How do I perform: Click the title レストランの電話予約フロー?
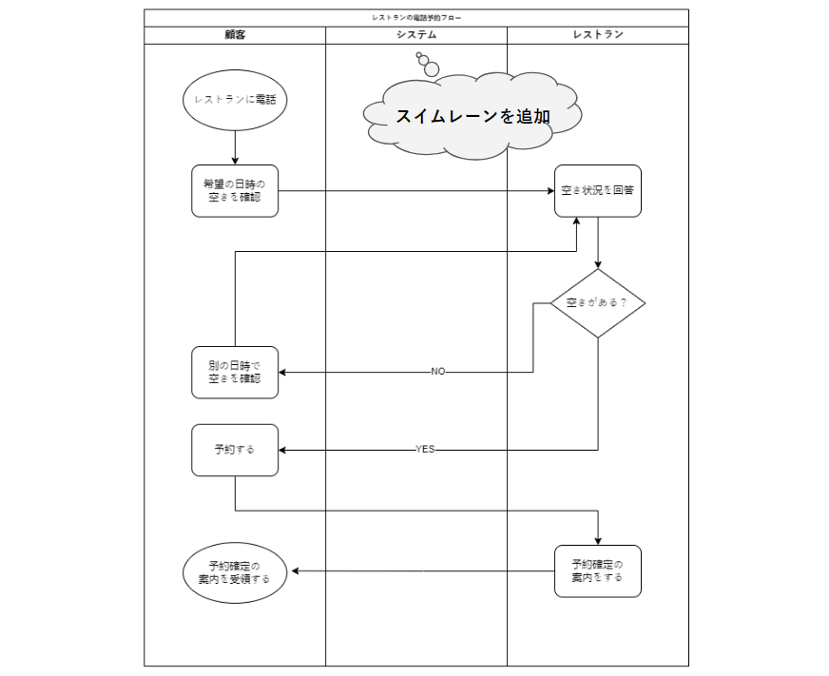[x=416, y=17]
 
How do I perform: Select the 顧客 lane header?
[x=235, y=35]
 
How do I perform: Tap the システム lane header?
[x=416, y=35]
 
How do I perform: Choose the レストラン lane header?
[x=598, y=35]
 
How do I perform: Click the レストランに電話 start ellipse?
[x=235, y=98]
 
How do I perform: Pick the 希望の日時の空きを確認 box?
[x=235, y=190]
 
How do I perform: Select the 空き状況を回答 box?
[x=598, y=190]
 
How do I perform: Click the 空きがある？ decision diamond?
[x=598, y=303]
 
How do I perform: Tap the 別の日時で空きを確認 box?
[x=235, y=372]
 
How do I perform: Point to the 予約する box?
[x=235, y=450]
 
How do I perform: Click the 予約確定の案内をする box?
[x=598, y=570]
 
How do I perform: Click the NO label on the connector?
[x=437, y=372]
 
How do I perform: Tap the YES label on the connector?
[x=425, y=450]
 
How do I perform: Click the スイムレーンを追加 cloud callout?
[x=472, y=117]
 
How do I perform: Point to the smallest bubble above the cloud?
[x=419, y=56]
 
